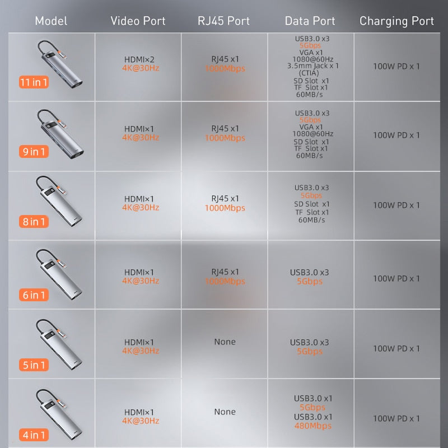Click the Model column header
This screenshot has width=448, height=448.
pyautogui.click(x=51, y=21)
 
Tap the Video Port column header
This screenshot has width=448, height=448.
pyautogui.click(x=138, y=21)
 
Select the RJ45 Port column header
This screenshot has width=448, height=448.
pyautogui.click(x=223, y=21)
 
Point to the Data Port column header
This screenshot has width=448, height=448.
pyautogui.click(x=310, y=21)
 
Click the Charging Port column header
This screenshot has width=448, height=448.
pyautogui.click(x=396, y=21)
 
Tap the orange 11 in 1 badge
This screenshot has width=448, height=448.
pyautogui.click(x=34, y=82)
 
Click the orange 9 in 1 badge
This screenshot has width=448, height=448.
pyautogui.click(x=34, y=151)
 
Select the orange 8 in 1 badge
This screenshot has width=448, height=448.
pyautogui.click(x=34, y=221)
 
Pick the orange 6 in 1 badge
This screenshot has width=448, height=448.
pyautogui.click(x=34, y=295)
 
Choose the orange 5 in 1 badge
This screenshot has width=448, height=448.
pyautogui.click(x=34, y=365)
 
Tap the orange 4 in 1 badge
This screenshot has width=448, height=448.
pyautogui.click(x=34, y=435)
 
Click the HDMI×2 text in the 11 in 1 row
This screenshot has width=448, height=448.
pyautogui.click(x=139, y=59)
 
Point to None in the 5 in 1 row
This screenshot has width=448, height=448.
pyautogui.click(x=225, y=342)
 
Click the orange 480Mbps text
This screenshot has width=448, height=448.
pyautogui.click(x=313, y=426)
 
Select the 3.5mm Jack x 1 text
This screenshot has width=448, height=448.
pyautogui.click(x=313, y=66)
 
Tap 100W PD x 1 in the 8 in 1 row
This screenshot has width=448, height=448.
pyautogui.click(x=396, y=205)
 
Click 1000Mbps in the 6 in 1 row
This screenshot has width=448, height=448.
pyautogui.click(x=225, y=282)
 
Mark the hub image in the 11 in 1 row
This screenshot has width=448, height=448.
pyautogui.click(x=60, y=63)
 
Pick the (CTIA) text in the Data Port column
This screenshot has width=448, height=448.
pyautogui.click(x=309, y=73)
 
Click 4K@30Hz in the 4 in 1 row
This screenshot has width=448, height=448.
pyautogui.click(x=141, y=421)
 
